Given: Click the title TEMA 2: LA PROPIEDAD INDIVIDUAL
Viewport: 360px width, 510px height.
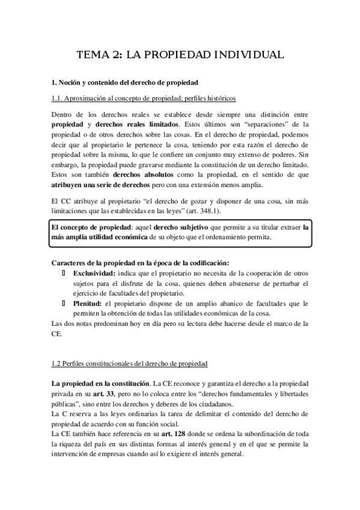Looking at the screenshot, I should click(x=180, y=55).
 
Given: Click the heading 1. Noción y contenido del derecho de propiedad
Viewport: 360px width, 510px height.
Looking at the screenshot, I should click(x=125, y=81).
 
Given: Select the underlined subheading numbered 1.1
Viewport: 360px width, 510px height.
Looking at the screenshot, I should click(x=144, y=97).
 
